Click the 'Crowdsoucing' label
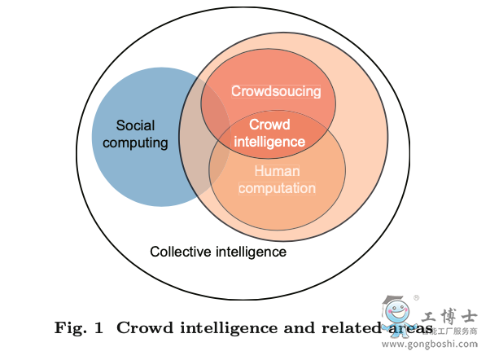[x=276, y=91]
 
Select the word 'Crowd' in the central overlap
[x=269, y=125]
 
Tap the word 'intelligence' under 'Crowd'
[x=269, y=141]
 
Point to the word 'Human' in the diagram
[x=277, y=171]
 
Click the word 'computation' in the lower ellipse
[x=277, y=188]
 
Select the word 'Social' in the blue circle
[x=135, y=126]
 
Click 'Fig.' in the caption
[x=68, y=328]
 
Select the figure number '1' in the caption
[x=98, y=328]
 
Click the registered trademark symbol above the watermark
[x=418, y=297]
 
